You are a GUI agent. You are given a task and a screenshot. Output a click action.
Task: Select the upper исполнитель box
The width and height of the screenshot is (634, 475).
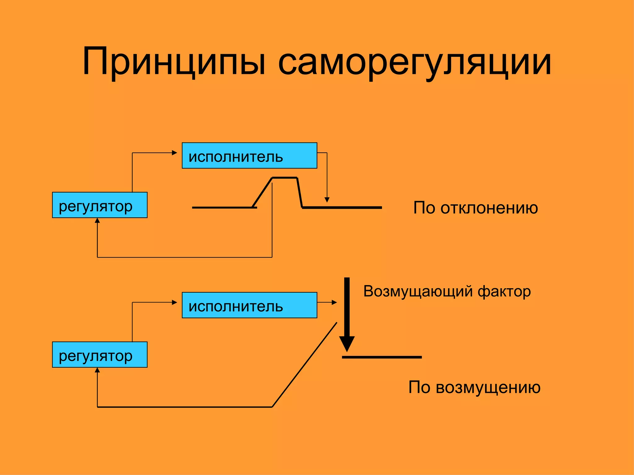(x=249, y=156)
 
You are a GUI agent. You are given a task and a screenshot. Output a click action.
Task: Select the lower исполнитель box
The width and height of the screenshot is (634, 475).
(x=249, y=305)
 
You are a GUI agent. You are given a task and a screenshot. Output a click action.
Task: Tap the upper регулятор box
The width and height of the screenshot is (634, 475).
(x=100, y=205)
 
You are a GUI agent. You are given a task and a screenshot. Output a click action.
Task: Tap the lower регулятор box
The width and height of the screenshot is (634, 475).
(x=100, y=355)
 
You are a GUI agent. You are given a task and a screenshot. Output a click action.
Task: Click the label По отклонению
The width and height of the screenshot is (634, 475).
(x=475, y=208)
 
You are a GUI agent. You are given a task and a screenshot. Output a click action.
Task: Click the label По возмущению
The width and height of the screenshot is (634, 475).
(x=474, y=387)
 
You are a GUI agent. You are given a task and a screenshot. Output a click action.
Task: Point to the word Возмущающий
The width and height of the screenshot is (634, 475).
(x=418, y=292)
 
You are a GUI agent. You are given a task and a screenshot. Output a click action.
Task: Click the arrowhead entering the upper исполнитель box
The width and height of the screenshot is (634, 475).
(x=175, y=153)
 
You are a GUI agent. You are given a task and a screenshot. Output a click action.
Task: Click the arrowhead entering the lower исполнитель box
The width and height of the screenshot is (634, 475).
(x=175, y=302)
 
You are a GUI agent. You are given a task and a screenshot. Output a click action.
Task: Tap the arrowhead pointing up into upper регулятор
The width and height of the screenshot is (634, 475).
(x=97, y=220)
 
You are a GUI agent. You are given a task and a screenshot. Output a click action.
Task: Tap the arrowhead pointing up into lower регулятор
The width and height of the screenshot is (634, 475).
(x=97, y=370)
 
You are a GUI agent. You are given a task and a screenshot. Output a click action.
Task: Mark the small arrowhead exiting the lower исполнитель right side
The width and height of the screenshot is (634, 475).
(x=334, y=302)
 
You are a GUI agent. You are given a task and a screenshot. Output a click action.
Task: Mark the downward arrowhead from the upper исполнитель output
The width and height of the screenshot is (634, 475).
(x=327, y=200)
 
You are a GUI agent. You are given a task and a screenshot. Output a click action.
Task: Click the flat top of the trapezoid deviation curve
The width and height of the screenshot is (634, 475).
(x=284, y=178)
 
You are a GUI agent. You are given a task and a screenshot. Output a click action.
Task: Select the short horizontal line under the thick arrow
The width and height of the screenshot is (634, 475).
(x=382, y=357)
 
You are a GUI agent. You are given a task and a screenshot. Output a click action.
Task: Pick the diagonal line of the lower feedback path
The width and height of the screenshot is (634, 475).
(x=305, y=365)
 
